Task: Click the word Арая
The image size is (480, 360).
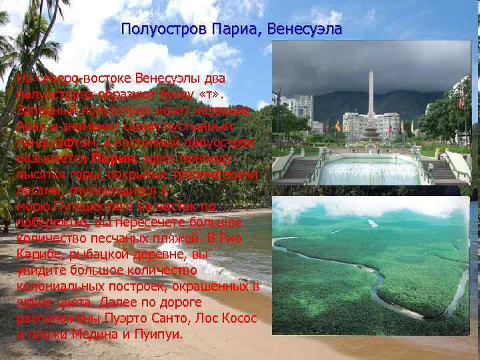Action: point(29,126)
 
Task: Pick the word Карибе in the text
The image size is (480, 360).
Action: point(35,254)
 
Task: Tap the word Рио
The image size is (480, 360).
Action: point(227,238)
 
